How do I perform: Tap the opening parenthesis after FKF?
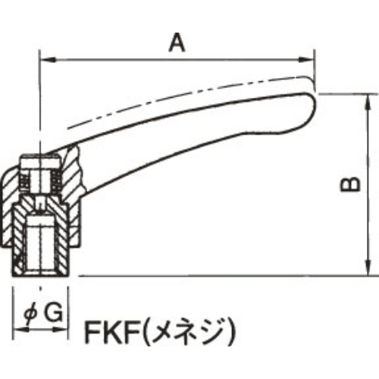(149, 331)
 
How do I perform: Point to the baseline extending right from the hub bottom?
(227, 274)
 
